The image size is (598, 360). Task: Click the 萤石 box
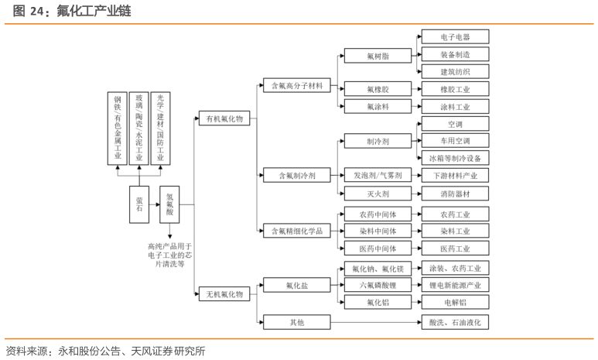click(139, 204)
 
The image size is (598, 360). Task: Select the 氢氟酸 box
click(170, 204)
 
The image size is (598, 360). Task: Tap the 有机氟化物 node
click(224, 118)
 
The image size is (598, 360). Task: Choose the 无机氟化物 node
click(224, 294)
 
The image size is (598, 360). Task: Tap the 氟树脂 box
click(378, 57)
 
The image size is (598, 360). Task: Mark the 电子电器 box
click(454, 37)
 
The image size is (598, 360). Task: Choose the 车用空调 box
click(454, 141)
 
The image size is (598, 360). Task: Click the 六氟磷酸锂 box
click(378, 286)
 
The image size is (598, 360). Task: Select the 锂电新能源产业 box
click(454, 286)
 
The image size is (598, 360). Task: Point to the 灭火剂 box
click(378, 194)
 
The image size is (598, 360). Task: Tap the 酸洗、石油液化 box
click(454, 321)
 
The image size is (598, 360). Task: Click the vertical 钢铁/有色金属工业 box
click(118, 128)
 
